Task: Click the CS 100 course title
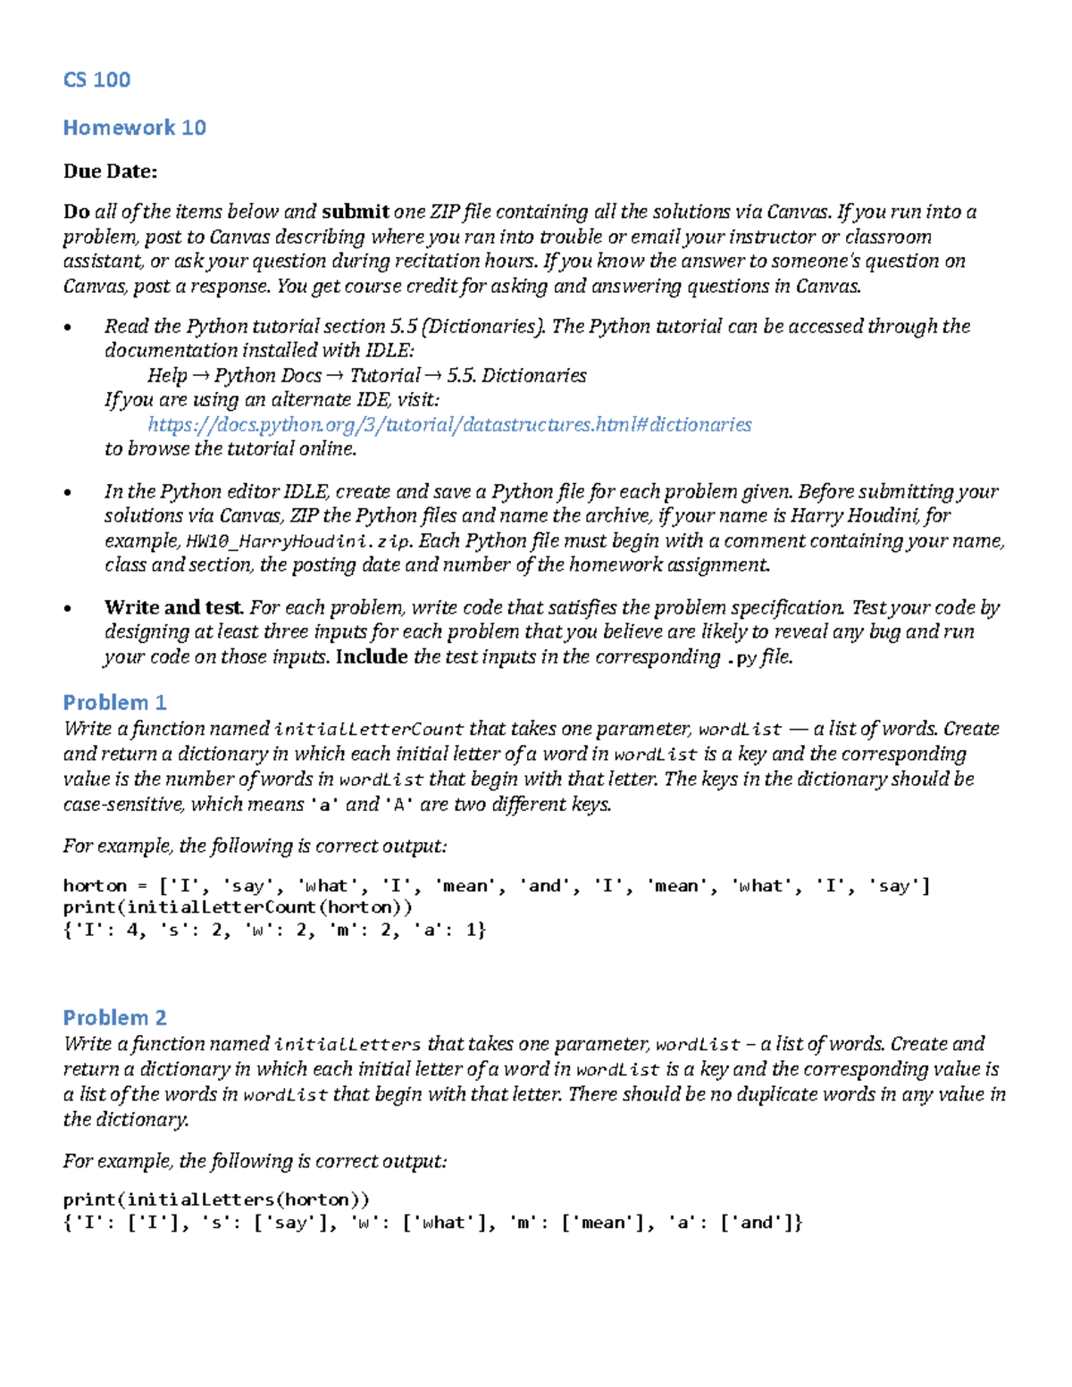pyautogui.click(x=96, y=79)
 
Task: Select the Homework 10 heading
pyautogui.click(x=134, y=128)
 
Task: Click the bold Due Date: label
pyautogui.click(x=110, y=171)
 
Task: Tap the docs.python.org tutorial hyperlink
pyautogui.click(x=449, y=424)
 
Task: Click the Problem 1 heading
pyautogui.click(x=114, y=702)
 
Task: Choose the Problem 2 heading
pyautogui.click(x=114, y=1017)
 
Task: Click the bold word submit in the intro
pyautogui.click(x=355, y=212)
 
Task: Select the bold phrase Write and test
pyautogui.click(x=174, y=607)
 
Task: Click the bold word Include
pyautogui.click(x=372, y=657)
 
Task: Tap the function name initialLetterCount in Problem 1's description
pyautogui.click(x=369, y=730)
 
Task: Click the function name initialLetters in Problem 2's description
pyautogui.click(x=348, y=1044)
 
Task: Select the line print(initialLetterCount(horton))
pyautogui.click(x=238, y=907)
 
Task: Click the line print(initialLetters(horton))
pyautogui.click(x=216, y=1199)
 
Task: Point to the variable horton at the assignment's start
pyautogui.click(x=95, y=886)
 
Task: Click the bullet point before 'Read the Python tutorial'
pyautogui.click(x=68, y=328)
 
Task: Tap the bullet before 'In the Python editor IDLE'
pyautogui.click(x=68, y=493)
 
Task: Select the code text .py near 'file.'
pyautogui.click(x=742, y=658)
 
